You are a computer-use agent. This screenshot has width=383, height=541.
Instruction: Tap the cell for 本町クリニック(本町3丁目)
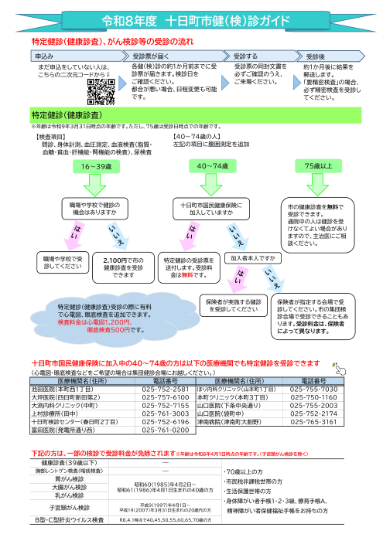click(x=236, y=376)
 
